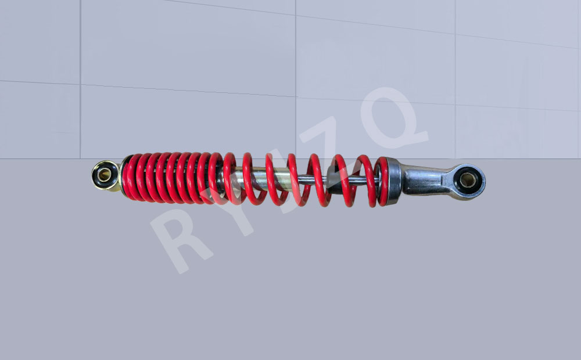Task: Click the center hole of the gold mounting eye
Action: [104, 175]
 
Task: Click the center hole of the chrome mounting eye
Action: [468, 180]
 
